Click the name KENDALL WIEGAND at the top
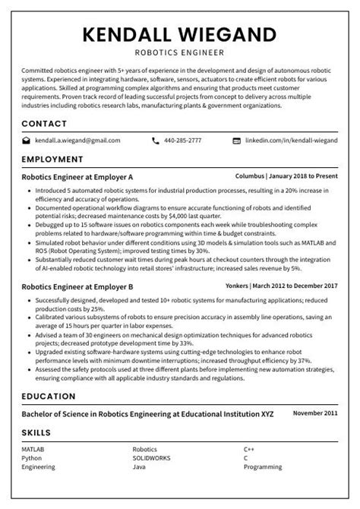tap(179, 35)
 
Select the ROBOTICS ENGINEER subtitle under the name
tap(179, 53)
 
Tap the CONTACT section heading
tap(44, 123)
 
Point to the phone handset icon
tap(156, 141)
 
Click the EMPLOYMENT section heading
tap(52, 160)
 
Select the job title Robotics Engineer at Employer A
tap(77, 175)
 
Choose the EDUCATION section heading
tap(49, 397)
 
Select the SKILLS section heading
tap(36, 432)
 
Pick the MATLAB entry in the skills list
tap(33, 450)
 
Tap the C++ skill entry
tap(248, 450)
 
